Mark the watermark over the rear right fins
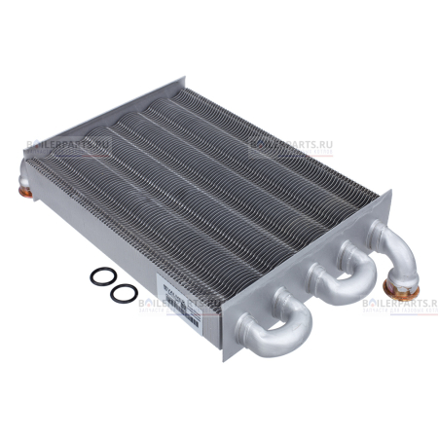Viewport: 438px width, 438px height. [289, 149]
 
